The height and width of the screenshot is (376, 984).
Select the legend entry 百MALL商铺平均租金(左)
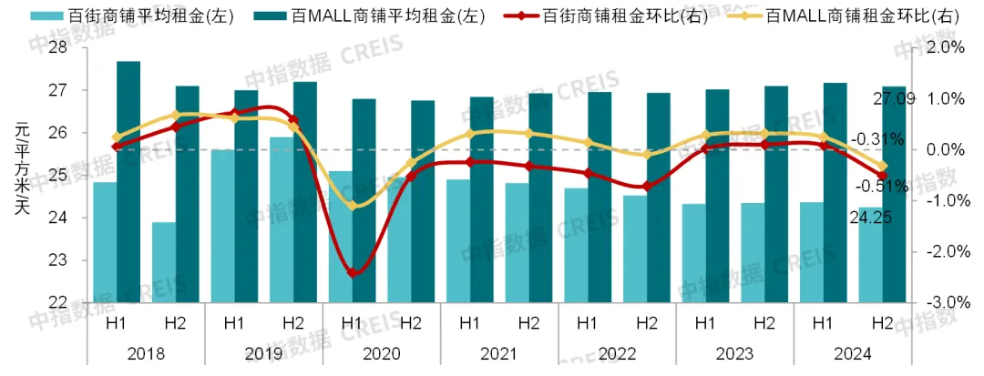click(x=386, y=16)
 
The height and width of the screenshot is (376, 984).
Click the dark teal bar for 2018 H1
click(x=128, y=182)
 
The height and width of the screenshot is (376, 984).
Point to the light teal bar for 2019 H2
click(x=282, y=219)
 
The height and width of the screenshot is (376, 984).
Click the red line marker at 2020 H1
click(x=353, y=272)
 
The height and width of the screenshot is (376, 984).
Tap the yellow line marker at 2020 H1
click(x=353, y=207)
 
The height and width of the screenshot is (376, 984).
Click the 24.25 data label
click(x=871, y=216)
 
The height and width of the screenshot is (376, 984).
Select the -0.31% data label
click(x=878, y=140)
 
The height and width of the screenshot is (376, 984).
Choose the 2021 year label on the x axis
click(x=499, y=353)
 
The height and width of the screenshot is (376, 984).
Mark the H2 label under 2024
click(x=881, y=323)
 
